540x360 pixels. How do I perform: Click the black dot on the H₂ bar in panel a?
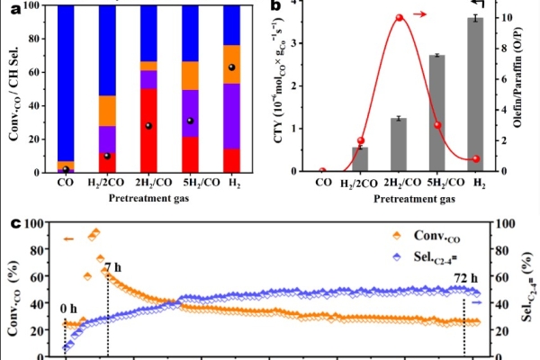click(232, 67)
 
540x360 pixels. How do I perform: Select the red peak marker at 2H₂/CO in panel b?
click(400, 18)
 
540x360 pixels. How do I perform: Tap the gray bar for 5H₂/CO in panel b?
click(437, 113)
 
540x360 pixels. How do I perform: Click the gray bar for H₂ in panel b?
click(475, 94)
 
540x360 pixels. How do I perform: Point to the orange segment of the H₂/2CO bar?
click(107, 111)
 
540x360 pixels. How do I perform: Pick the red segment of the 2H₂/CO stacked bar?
click(148, 130)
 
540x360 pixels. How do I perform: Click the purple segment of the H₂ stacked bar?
click(232, 116)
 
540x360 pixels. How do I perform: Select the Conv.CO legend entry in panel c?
click(427, 236)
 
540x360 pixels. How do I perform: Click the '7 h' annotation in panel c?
click(113, 267)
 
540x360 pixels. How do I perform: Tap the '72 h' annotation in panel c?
click(466, 278)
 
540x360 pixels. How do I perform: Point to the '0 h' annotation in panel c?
click(68, 309)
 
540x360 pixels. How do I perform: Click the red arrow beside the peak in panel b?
click(419, 14)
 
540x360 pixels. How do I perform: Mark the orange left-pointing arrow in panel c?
click(69, 239)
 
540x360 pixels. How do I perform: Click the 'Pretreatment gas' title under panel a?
click(148, 198)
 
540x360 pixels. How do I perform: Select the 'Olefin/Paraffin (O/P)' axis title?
click(517, 77)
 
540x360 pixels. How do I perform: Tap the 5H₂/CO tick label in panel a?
click(201, 183)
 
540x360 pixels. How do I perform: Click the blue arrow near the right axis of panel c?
click(477, 302)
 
